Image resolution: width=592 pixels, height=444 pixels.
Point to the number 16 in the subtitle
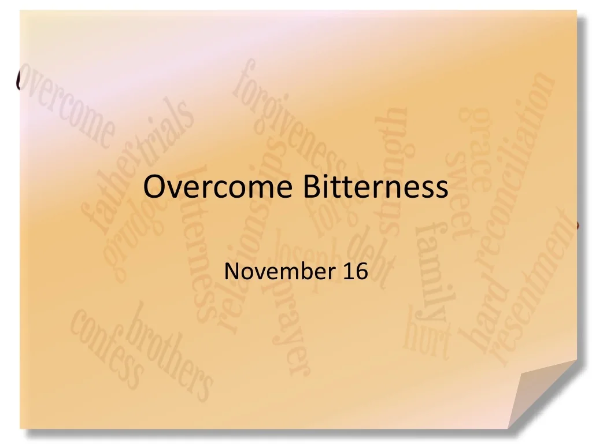(x=355, y=271)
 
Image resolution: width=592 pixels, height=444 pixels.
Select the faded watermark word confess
(x=108, y=347)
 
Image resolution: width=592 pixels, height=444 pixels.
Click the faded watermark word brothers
(x=168, y=353)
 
